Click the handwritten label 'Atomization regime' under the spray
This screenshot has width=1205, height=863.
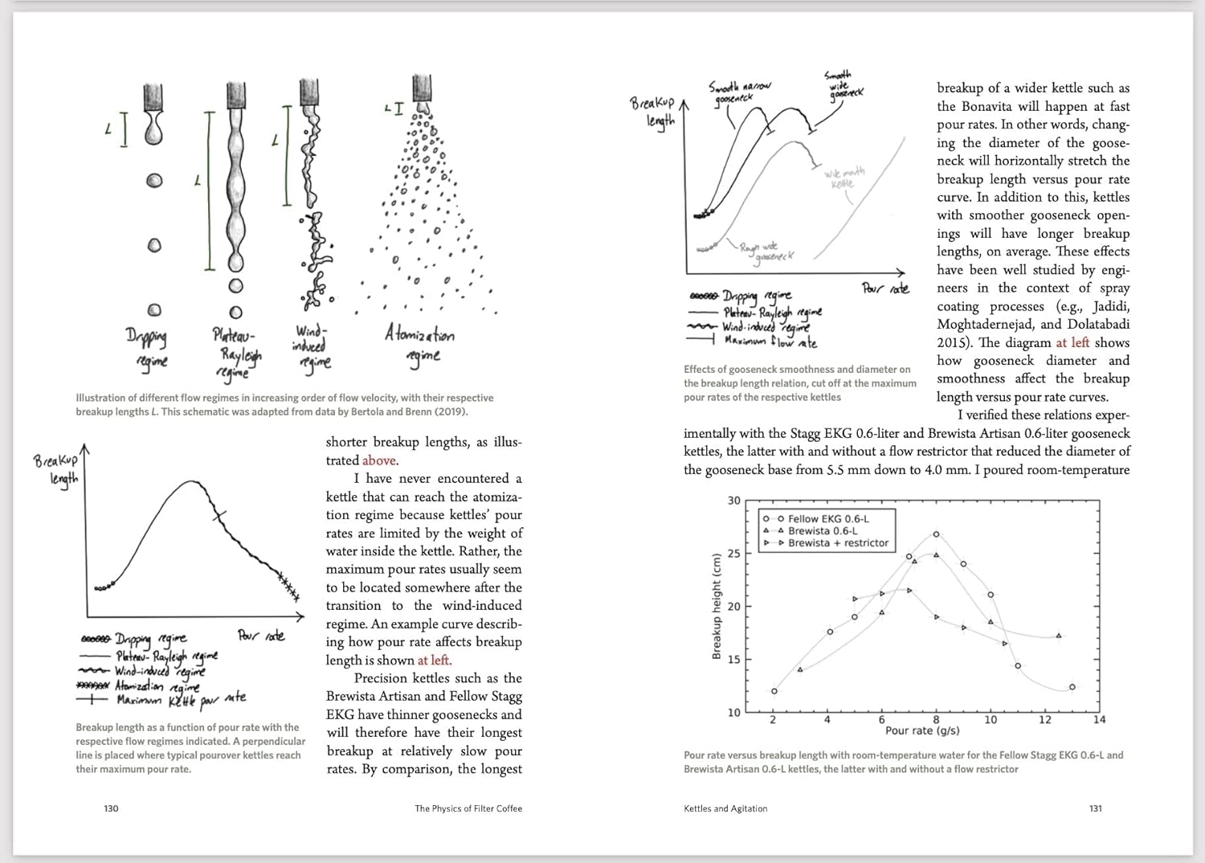click(x=419, y=344)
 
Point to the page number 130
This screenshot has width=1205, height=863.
click(x=112, y=808)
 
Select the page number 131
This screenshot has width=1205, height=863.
click(x=1095, y=808)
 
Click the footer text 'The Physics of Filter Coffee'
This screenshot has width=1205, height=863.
click(x=468, y=808)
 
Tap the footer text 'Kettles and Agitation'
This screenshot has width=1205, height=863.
click(x=725, y=808)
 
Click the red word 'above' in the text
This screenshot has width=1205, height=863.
click(x=378, y=460)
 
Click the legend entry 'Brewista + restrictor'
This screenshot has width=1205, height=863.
click(x=838, y=543)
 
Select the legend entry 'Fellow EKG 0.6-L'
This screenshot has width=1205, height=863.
click(x=828, y=519)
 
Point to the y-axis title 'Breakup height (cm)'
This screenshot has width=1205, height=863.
click(x=717, y=606)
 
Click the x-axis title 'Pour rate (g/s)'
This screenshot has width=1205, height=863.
click(x=921, y=730)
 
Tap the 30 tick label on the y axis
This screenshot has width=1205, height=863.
click(x=734, y=501)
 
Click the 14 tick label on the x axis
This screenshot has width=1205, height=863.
click(x=1099, y=720)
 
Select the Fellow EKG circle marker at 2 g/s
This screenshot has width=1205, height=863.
click(x=774, y=691)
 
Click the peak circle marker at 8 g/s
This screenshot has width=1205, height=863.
click(x=937, y=534)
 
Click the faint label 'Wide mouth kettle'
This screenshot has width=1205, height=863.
click(x=843, y=178)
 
